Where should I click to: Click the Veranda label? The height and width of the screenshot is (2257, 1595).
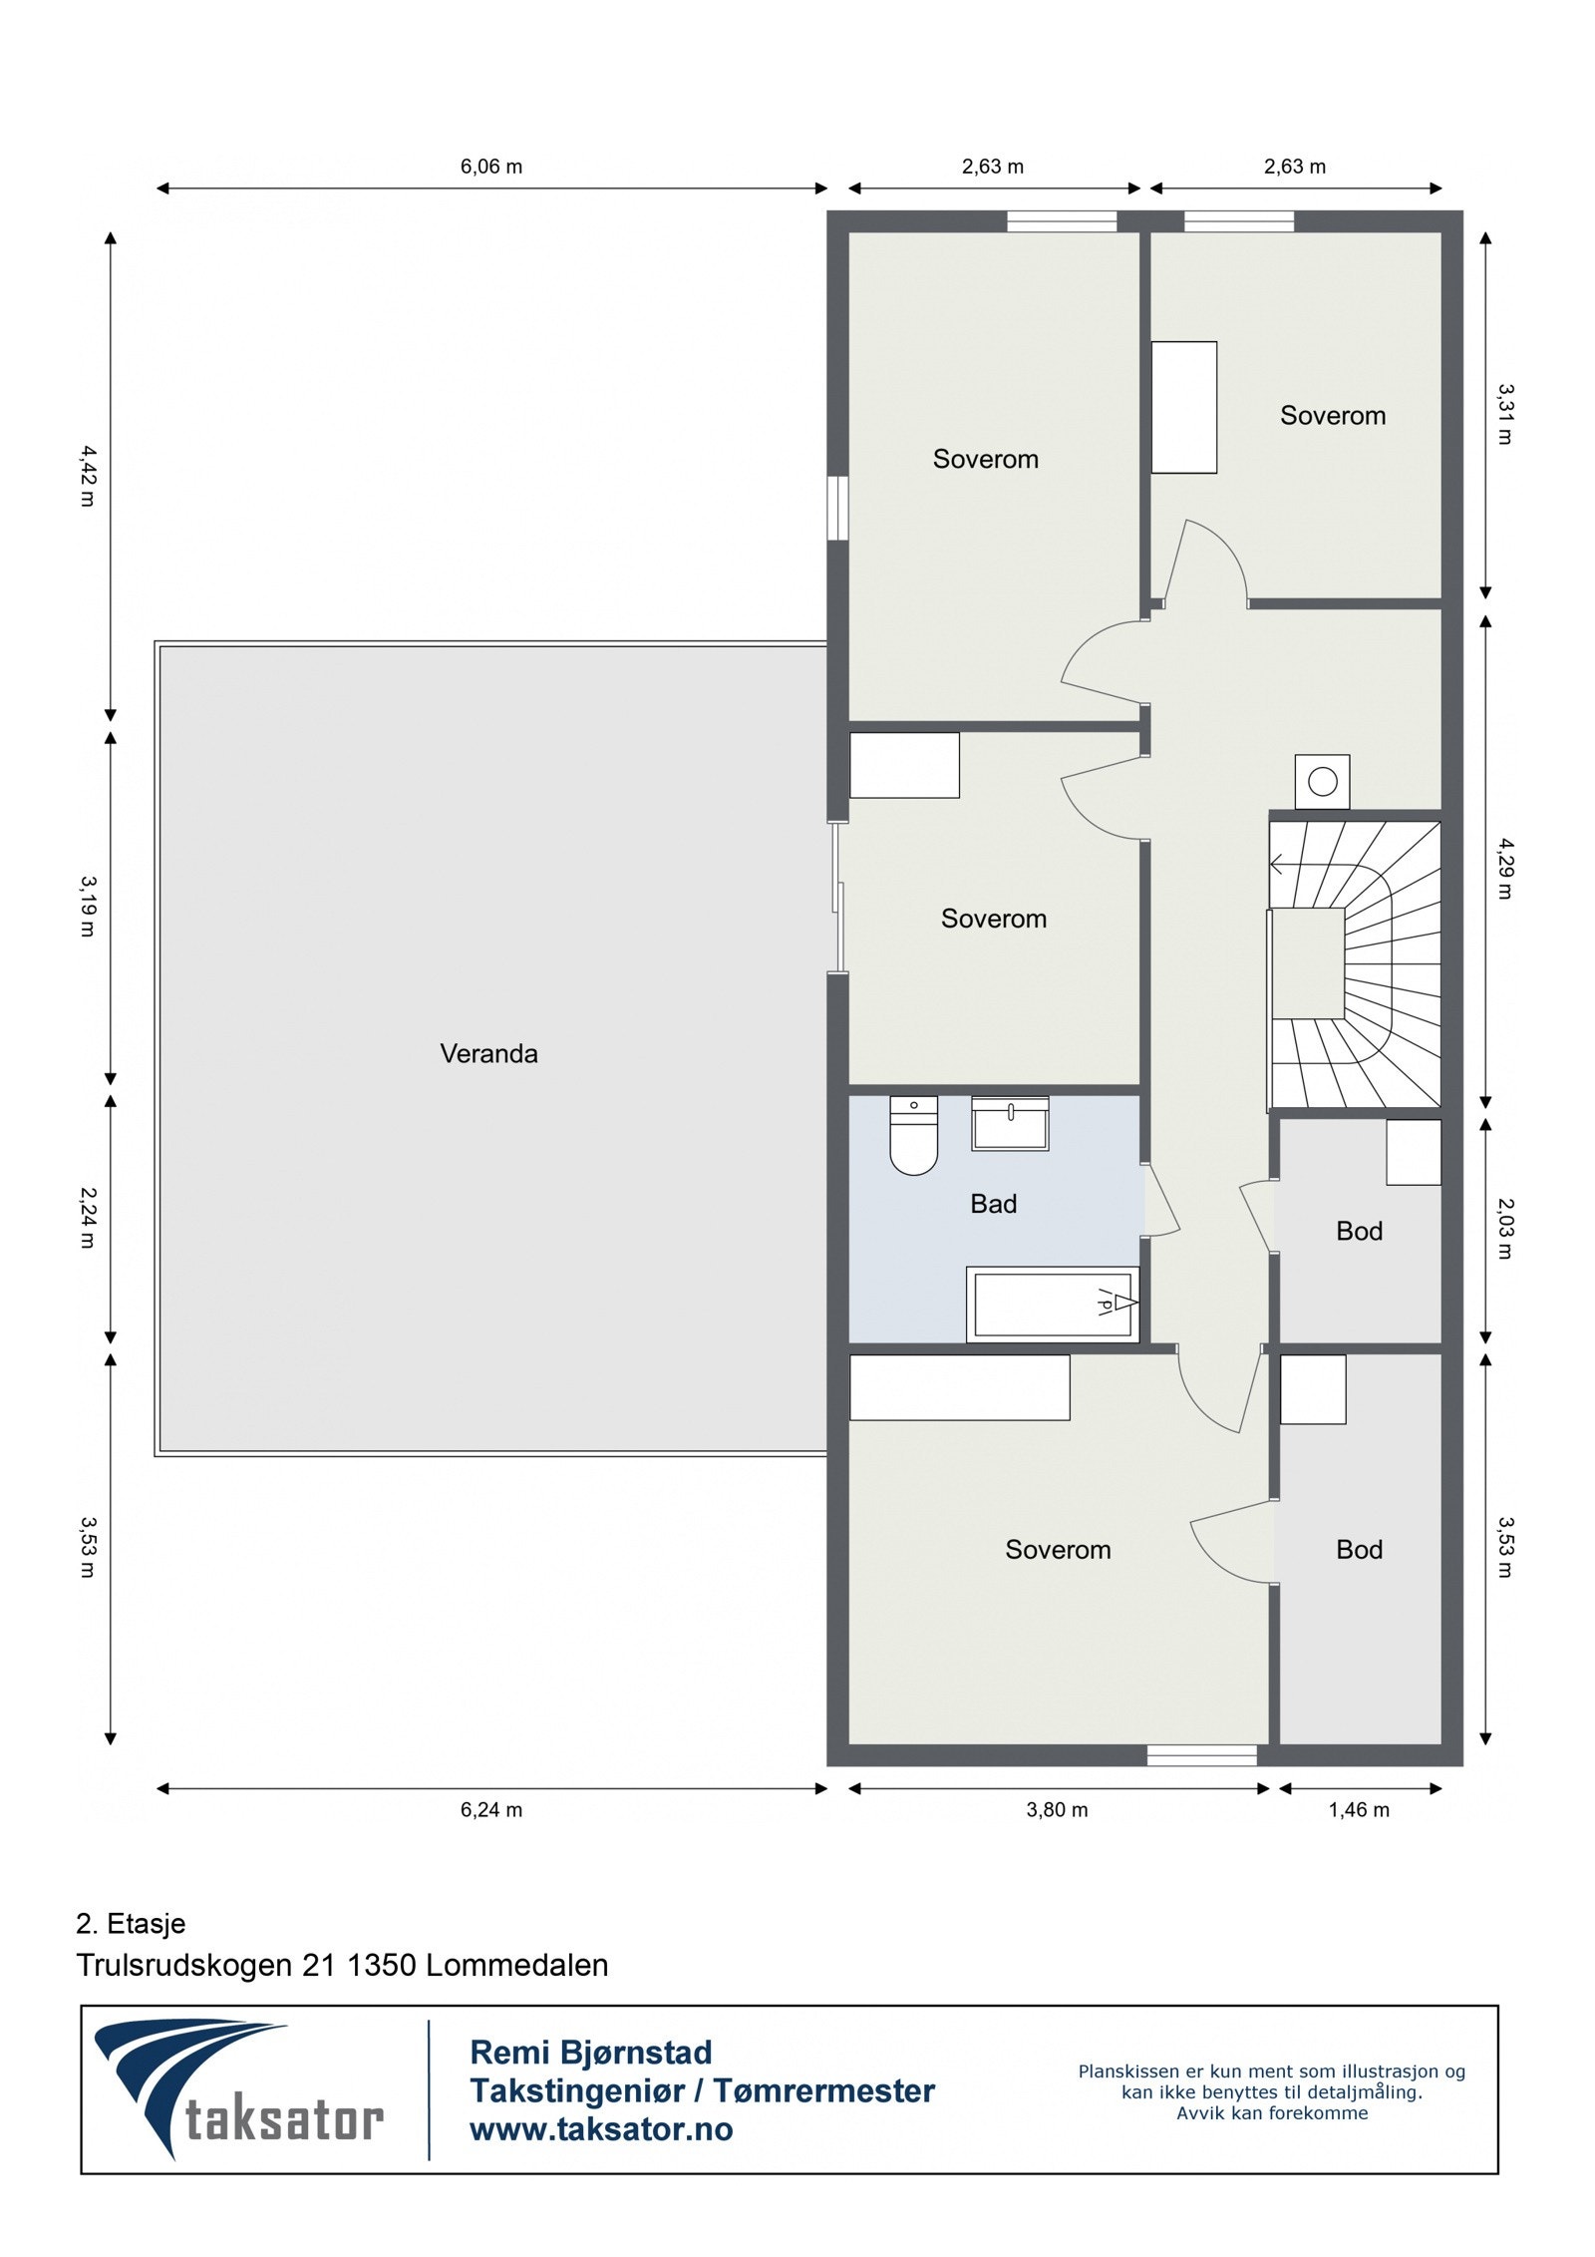[x=488, y=1053]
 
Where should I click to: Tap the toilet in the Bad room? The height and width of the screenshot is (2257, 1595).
[x=913, y=1135]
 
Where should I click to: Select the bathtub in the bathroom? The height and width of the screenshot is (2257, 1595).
[x=1053, y=1304]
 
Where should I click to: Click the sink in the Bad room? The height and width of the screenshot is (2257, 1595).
[x=1010, y=1123]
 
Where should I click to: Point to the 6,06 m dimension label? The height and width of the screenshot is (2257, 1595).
[x=491, y=167]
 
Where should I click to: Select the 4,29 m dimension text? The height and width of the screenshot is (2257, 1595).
[x=1505, y=869]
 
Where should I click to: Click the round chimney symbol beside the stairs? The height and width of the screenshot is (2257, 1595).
[x=1322, y=782]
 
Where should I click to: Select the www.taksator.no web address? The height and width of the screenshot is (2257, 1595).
[x=601, y=2129]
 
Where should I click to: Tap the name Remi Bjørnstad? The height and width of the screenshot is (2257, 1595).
[x=591, y=2053]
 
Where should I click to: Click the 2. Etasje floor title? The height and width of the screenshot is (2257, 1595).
[x=131, y=1924]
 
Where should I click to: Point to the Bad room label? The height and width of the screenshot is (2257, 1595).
[x=994, y=1204]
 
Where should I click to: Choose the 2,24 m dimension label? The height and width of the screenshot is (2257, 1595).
[x=88, y=1218]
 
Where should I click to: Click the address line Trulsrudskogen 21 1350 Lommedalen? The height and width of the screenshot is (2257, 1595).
[x=342, y=1966]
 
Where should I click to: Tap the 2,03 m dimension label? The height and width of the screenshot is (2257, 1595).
[x=1505, y=1229]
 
